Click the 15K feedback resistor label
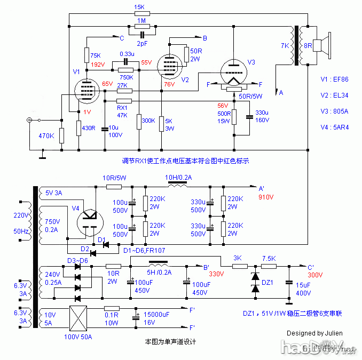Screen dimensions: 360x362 [x=139, y=7]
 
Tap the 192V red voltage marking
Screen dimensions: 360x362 [x=97, y=65]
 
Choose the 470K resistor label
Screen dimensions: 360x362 [x=46, y=135]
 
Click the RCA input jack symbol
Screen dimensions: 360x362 [x=30, y=121]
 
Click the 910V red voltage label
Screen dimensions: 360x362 [x=265, y=197]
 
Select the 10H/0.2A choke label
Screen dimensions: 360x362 [x=178, y=178]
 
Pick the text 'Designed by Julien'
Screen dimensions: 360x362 [x=314, y=333]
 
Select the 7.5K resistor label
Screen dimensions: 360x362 [x=269, y=258]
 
